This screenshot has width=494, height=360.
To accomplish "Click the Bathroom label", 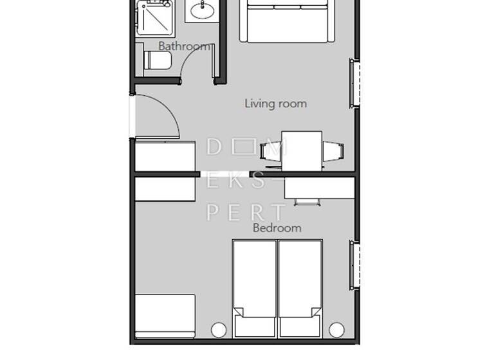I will (184, 46).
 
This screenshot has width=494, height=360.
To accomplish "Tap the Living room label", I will (275, 104).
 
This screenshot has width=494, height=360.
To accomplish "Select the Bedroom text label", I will (277, 228).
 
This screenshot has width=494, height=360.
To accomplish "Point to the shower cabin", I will (156, 17).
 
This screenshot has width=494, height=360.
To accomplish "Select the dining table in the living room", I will (302, 150).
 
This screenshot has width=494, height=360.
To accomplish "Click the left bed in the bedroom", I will (255, 288).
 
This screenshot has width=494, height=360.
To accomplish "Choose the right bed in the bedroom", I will (300, 288).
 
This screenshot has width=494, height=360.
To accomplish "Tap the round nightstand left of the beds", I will (219, 330).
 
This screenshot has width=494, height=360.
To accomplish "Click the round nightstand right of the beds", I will (336, 330).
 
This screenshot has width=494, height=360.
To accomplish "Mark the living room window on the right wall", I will (353, 83).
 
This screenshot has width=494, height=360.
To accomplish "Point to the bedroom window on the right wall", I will (353, 265).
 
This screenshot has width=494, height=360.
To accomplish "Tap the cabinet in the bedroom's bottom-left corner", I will (165, 316).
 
